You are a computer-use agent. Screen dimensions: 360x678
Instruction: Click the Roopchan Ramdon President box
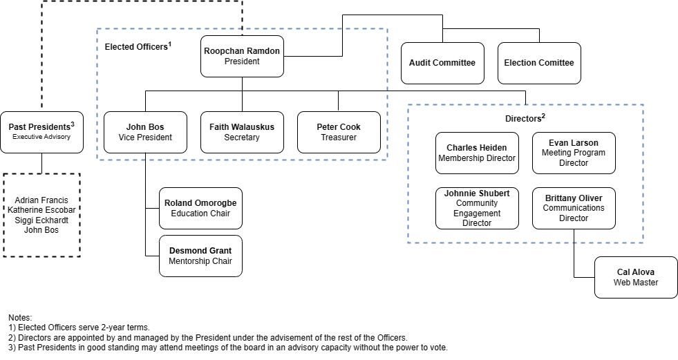pos(242,56)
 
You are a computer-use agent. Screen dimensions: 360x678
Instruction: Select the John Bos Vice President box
pos(145,132)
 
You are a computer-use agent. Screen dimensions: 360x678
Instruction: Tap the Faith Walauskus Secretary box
pos(242,132)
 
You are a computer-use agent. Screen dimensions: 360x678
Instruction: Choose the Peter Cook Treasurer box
pos(339,132)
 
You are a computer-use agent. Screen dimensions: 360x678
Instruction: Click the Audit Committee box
pos(442,63)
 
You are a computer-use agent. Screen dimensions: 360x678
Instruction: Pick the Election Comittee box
pos(539,63)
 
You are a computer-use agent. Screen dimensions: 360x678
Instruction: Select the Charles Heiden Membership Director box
pos(477,153)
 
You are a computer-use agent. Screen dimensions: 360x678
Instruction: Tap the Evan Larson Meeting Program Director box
pos(574,153)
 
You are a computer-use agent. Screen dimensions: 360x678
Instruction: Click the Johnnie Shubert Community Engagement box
pos(477,208)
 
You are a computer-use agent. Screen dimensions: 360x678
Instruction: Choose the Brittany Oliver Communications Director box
pos(574,208)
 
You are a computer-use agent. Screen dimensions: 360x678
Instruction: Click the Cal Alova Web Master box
pos(636,277)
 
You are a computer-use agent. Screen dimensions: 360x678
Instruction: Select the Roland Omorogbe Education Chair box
pos(200,208)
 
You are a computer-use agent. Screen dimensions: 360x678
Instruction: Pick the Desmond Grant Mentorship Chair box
pos(200,256)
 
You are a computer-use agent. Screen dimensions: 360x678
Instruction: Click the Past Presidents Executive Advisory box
pos(41,132)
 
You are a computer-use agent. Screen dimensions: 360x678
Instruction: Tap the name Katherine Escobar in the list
pos(41,210)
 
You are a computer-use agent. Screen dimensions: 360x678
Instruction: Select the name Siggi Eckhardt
pos(41,220)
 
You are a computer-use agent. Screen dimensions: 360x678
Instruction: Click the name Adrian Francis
pos(41,200)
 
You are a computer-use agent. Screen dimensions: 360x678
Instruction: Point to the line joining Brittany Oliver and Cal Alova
pos(574,236)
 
